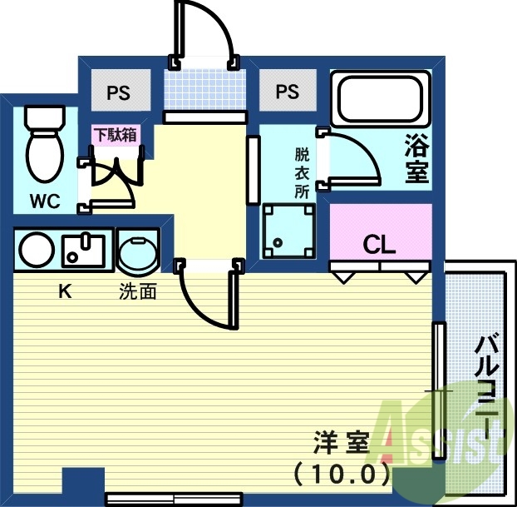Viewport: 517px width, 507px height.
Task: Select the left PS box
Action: point(118,92)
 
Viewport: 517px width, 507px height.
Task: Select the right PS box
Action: point(287,91)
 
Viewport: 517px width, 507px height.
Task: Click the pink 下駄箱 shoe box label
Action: point(115,135)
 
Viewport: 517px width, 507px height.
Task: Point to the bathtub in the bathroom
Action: point(380,97)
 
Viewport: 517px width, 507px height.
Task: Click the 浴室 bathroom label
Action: point(416,159)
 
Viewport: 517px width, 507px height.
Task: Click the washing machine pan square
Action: point(288,230)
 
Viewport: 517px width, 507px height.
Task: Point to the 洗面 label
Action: point(138,292)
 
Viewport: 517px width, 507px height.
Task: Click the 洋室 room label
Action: point(341,442)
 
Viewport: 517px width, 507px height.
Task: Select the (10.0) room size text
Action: point(342,475)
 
